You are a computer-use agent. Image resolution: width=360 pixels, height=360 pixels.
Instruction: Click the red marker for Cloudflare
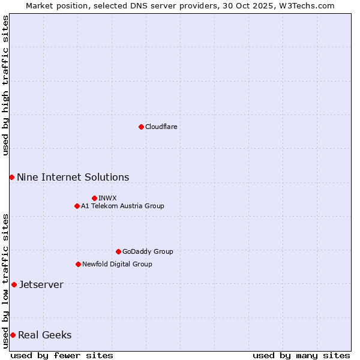141,127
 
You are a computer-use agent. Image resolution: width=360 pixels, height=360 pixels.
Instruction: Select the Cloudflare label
161,127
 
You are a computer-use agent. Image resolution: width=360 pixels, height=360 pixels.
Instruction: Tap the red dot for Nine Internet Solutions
11,177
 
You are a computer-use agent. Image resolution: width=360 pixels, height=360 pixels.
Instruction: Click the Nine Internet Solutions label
73,177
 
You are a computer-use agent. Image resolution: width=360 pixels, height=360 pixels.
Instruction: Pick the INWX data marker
94,198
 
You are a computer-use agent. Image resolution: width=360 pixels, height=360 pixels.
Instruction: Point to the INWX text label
107,198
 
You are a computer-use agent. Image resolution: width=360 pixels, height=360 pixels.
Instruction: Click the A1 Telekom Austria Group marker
77,206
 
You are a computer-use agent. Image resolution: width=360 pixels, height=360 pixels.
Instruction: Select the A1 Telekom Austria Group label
122,206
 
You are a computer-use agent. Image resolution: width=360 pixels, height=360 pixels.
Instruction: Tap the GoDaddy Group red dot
118,251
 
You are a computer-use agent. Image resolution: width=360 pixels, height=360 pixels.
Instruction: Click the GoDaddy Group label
148,251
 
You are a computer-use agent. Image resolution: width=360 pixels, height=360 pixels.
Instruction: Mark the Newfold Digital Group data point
78,264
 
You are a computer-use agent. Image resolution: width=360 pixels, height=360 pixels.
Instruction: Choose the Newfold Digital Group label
117,264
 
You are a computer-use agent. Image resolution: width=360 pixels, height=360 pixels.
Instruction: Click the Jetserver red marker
14,284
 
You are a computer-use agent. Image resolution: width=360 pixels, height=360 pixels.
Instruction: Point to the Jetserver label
41,284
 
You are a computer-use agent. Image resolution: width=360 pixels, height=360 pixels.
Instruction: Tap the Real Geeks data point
13,335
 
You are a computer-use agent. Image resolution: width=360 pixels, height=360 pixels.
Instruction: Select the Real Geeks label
44,335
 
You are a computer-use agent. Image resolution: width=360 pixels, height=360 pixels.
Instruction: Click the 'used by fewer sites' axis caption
62,355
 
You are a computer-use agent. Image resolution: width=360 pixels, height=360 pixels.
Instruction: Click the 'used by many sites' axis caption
301,355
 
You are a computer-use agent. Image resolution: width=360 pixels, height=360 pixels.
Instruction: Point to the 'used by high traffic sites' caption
5,85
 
